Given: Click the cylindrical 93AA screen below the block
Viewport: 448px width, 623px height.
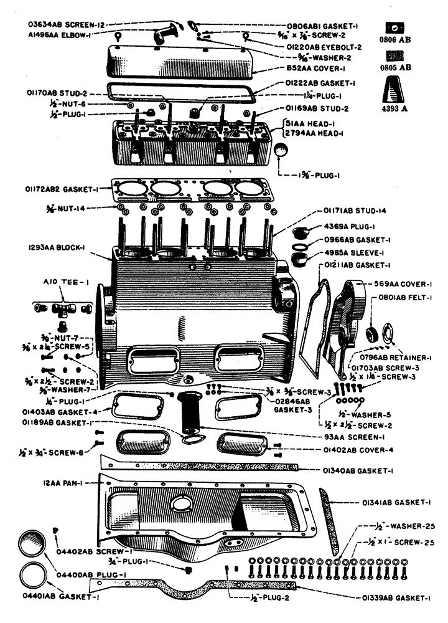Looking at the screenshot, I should [189, 413].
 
